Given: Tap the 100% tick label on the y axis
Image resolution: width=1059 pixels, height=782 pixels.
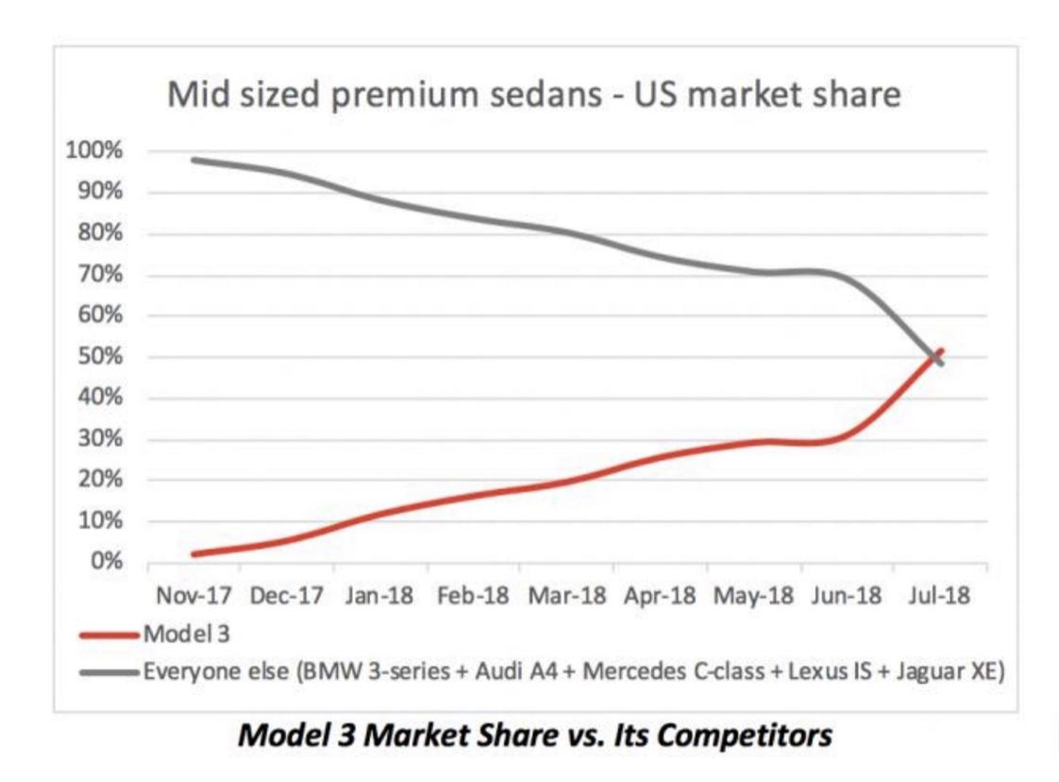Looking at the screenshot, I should [96, 151].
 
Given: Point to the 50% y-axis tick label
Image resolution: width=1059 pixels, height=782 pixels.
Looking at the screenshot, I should [101, 357].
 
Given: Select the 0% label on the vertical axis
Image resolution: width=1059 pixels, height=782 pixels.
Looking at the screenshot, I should [106, 562].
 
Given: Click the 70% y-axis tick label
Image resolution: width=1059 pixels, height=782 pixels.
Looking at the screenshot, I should [101, 275].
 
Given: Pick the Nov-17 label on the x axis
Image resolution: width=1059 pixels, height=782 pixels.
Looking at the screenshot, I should [194, 597].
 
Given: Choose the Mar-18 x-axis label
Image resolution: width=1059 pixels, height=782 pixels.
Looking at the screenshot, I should [568, 597].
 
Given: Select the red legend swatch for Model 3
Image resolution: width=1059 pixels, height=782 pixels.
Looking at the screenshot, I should [109, 634].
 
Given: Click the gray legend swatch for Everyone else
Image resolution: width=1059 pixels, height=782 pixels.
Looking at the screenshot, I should [109, 671].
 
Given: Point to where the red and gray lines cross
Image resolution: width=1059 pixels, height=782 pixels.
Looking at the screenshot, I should [936, 356].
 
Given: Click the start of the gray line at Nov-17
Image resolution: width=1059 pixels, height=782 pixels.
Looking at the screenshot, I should [193, 160].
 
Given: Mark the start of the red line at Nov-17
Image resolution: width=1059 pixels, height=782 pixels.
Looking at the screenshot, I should [193, 553].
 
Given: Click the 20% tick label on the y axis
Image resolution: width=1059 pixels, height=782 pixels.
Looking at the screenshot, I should [101, 480].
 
